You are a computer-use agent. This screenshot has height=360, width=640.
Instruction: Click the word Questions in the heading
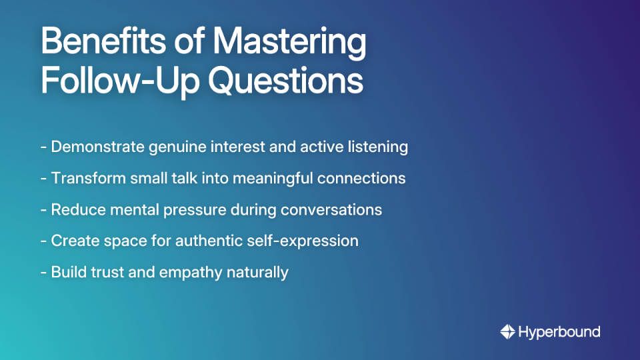pos(285,81)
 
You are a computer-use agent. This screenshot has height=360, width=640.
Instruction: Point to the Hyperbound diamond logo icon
pos(507,331)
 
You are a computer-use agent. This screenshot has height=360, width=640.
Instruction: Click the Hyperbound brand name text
pos(559,331)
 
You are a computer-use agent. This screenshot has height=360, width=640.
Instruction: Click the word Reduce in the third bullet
pos(73,209)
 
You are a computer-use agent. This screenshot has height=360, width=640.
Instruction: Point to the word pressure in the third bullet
pos(204,210)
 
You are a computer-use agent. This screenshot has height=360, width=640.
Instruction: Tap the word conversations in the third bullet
pos(331,209)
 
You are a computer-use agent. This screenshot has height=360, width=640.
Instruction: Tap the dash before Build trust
pos(43,273)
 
